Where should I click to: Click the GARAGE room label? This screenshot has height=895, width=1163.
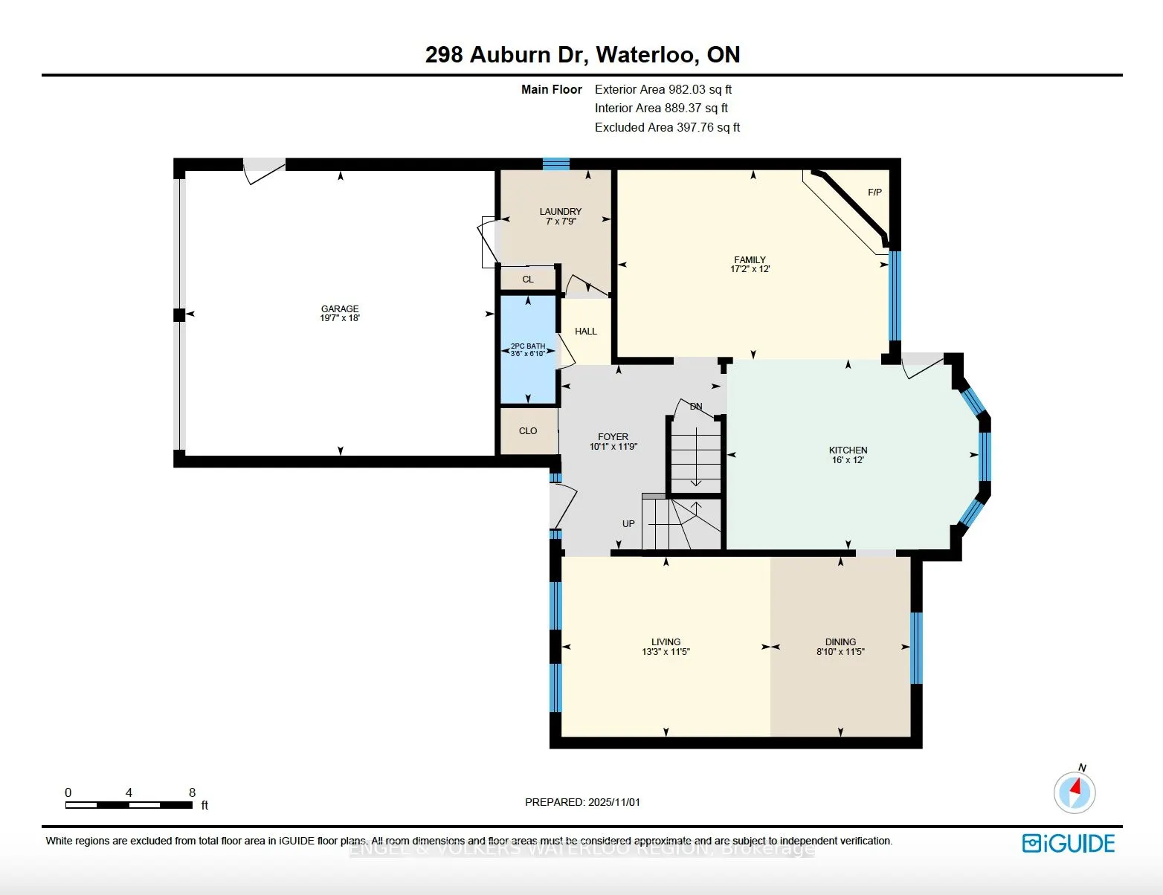340,308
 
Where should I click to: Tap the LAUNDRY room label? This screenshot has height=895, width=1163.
561,212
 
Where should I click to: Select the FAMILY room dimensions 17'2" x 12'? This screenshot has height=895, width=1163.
750,269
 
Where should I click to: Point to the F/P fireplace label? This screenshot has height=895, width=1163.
874,193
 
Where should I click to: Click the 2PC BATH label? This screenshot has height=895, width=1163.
528,346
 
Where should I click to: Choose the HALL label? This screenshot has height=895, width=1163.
586,332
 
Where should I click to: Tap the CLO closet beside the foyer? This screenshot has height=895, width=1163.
528,431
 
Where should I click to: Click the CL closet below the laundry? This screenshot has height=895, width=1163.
528,280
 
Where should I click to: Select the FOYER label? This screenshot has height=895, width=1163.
613,437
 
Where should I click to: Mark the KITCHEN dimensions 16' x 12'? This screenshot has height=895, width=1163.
848,460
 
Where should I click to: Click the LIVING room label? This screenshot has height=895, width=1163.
666,642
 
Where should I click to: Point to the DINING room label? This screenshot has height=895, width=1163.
840,642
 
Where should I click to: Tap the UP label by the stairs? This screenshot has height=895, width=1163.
628,524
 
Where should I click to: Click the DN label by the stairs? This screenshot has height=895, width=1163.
696,407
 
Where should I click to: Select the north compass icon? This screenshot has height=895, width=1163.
1075,791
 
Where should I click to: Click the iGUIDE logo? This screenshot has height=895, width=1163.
1069,843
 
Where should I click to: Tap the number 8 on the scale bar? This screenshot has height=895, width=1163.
192,792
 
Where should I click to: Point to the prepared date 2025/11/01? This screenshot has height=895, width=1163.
582,802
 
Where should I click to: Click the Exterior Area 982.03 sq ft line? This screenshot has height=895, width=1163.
663,89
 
